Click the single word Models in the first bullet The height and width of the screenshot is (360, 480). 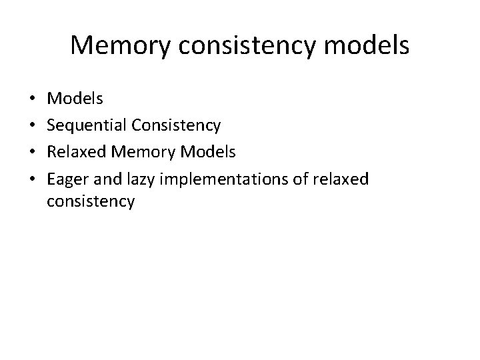point(75,99)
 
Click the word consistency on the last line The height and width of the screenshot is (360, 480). point(91,201)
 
